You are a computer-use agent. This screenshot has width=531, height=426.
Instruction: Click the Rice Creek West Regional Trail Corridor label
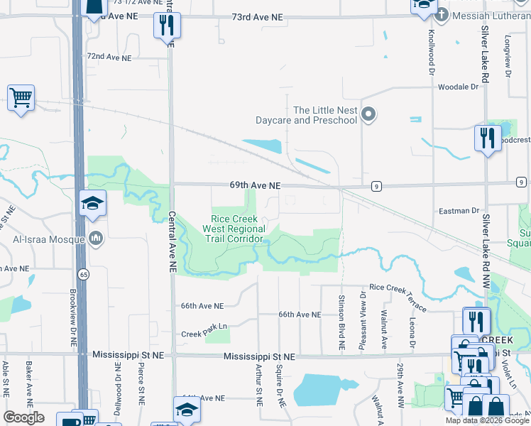[x=234, y=229]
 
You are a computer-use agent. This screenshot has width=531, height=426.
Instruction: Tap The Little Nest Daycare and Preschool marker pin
[x=368, y=114]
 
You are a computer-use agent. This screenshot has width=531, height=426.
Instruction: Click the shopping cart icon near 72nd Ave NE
[x=21, y=97]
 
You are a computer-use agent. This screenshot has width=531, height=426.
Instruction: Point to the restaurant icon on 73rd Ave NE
[x=167, y=26]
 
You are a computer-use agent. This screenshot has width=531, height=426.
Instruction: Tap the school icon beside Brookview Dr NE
[x=92, y=204]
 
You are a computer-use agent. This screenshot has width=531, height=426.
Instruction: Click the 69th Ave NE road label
[x=255, y=185]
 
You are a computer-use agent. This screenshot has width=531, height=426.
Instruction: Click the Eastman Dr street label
[x=459, y=211]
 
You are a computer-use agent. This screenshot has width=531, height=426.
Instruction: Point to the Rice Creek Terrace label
[x=398, y=297]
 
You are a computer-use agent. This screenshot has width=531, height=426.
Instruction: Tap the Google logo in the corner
[x=23, y=417]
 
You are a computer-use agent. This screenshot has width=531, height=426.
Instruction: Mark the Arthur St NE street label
[x=259, y=384]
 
